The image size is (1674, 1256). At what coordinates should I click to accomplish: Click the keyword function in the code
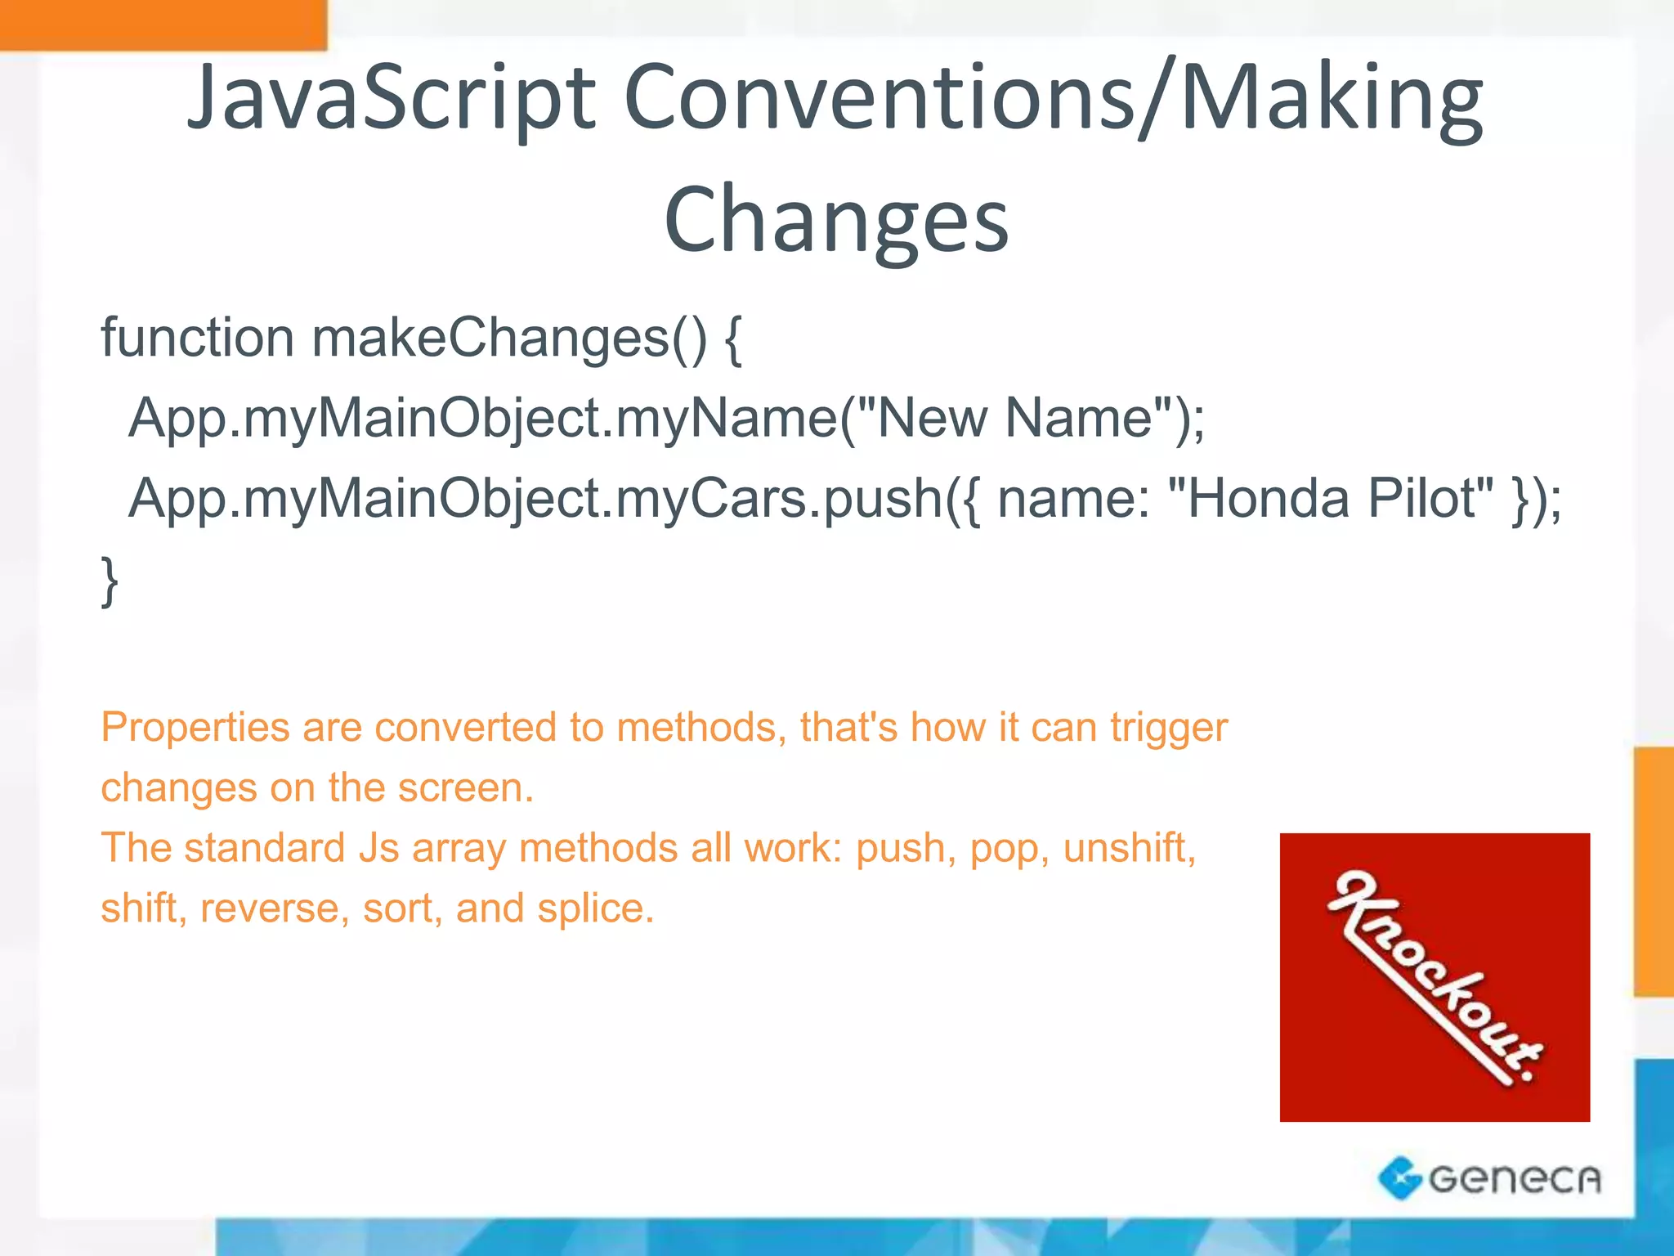click(197, 337)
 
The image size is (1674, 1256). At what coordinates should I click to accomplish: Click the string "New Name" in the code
click(1014, 418)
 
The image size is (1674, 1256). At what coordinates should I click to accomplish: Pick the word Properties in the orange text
click(195, 728)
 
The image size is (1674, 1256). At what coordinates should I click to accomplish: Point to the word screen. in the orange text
click(465, 787)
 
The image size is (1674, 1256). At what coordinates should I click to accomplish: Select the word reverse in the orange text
click(270, 908)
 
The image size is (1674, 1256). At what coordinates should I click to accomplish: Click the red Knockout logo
click(1435, 977)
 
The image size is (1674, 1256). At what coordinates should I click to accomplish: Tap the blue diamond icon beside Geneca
click(1399, 1178)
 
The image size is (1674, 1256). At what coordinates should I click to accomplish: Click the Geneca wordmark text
click(1515, 1179)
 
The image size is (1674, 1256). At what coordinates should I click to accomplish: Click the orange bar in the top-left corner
click(163, 25)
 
